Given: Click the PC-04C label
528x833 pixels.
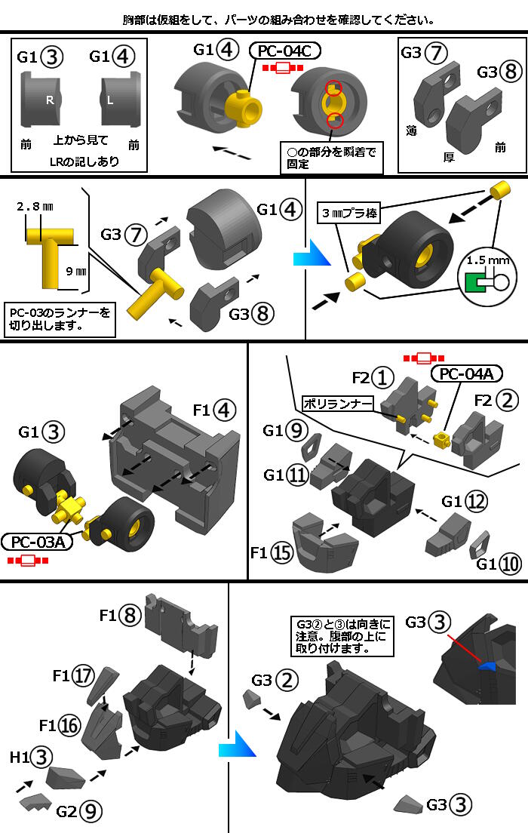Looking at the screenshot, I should click(x=285, y=51).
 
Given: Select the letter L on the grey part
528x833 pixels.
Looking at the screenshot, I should click(x=111, y=100).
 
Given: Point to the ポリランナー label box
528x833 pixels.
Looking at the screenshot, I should click(x=338, y=404).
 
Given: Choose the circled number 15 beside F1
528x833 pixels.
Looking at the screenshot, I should click(x=282, y=553).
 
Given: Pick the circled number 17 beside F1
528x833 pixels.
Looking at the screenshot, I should click(x=84, y=676).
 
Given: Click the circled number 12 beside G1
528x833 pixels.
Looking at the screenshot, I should click(x=474, y=501).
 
